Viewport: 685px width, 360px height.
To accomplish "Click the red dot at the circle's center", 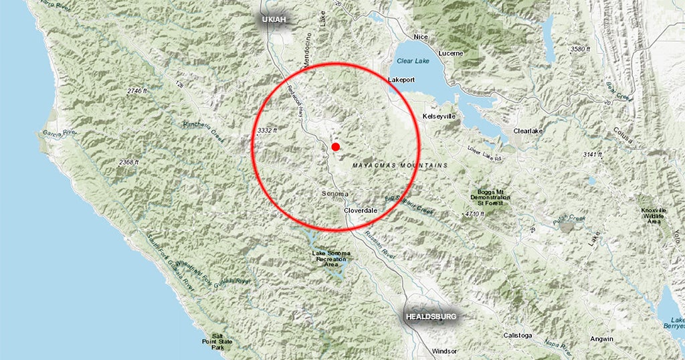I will coord(336,147).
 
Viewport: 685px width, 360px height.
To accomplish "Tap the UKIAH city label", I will coord(274,19).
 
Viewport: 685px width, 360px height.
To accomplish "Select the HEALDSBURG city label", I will coord(432,316).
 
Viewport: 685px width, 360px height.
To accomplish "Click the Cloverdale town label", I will coord(361,210).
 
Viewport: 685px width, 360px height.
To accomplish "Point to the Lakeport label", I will coord(401,80).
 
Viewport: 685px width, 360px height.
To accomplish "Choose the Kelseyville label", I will coord(439,116).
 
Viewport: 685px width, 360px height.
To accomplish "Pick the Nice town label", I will coord(421,37).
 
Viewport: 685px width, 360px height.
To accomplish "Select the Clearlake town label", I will coord(528,131).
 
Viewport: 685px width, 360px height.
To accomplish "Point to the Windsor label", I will coord(445,351).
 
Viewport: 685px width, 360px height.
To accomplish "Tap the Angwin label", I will coord(601,339).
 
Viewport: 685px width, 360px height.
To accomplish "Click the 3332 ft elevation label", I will coord(267,129).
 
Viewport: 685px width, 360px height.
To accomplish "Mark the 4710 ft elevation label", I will coord(474,213).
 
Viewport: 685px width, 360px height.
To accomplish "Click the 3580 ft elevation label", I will coord(579,50).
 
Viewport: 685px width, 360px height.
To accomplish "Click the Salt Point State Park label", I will coord(217,341).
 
